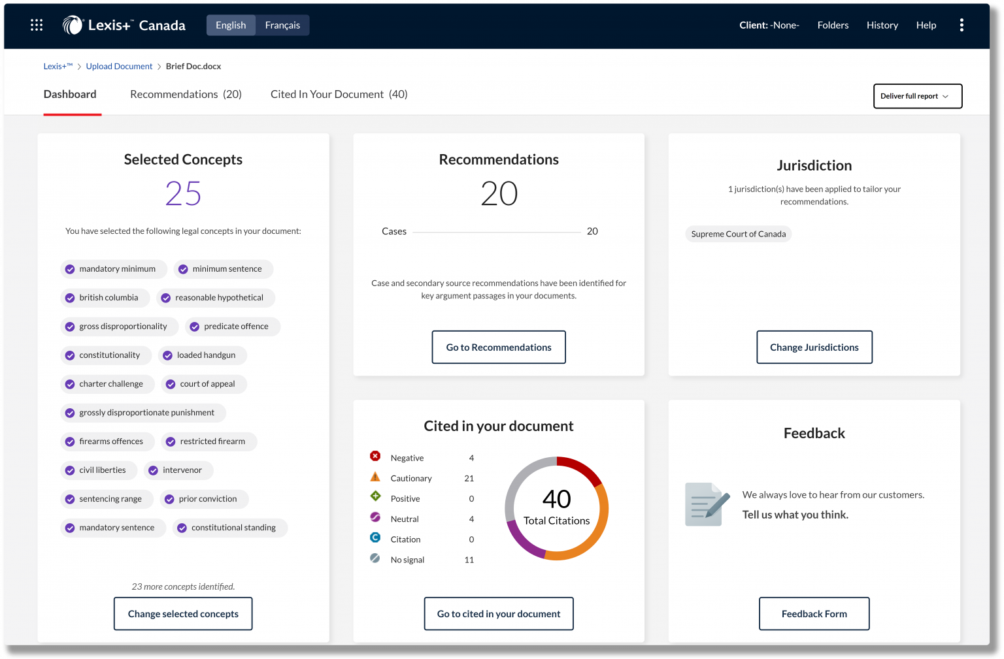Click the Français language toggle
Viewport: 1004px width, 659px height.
282,25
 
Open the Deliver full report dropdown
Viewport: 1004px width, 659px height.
917,96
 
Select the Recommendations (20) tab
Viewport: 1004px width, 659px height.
186,95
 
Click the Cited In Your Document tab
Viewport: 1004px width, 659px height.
339,95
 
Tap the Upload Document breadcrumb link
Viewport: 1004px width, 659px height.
119,67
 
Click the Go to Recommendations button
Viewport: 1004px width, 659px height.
499,347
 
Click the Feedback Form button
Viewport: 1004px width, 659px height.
814,614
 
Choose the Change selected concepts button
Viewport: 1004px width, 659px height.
183,614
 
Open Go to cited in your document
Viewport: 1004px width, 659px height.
499,614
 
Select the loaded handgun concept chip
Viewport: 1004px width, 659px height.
203,355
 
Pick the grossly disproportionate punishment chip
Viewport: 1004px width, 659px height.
143,413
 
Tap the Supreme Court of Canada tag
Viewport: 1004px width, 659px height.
738,234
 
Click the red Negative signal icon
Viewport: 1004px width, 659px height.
375,457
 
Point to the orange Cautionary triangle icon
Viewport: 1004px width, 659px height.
375,477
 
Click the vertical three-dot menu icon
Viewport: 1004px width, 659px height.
962,25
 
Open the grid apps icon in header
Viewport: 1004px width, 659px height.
37,25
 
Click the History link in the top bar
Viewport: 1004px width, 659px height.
882,25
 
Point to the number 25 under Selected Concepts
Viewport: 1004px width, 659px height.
183,194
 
